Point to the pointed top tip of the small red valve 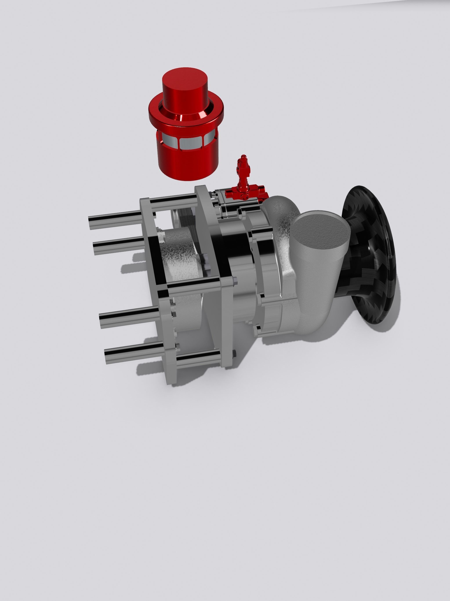pos(243,157)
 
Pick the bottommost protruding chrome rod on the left pos(133,353)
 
